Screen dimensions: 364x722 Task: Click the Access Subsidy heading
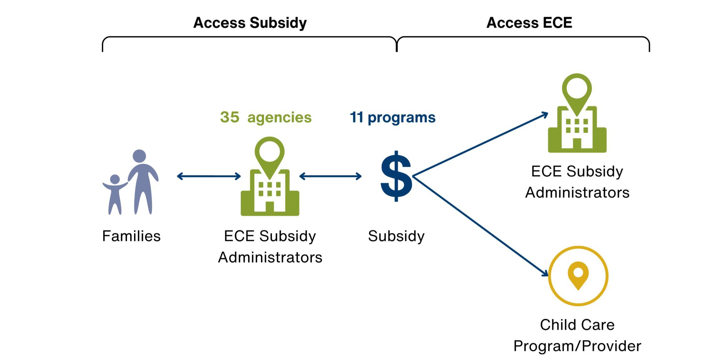(x=250, y=23)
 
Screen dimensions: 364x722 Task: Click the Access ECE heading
(x=529, y=23)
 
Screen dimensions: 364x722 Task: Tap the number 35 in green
(x=230, y=117)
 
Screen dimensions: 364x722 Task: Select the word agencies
(x=279, y=118)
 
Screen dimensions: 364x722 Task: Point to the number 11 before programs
(x=356, y=117)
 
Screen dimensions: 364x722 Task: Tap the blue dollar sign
(x=396, y=176)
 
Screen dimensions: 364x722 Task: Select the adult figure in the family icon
(x=143, y=182)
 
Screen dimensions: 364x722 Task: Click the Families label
(x=131, y=236)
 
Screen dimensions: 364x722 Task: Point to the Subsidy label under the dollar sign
(x=396, y=236)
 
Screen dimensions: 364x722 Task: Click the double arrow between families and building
(x=209, y=176)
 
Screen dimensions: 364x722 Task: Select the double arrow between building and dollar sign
(x=330, y=176)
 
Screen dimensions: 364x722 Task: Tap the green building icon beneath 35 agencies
(x=270, y=188)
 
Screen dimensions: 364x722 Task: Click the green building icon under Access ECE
(x=577, y=125)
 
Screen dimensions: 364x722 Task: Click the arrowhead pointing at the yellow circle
(x=545, y=274)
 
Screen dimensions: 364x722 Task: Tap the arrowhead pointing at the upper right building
(x=545, y=115)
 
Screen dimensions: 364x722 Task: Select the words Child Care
(x=577, y=325)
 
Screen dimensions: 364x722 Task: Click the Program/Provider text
(x=577, y=346)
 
